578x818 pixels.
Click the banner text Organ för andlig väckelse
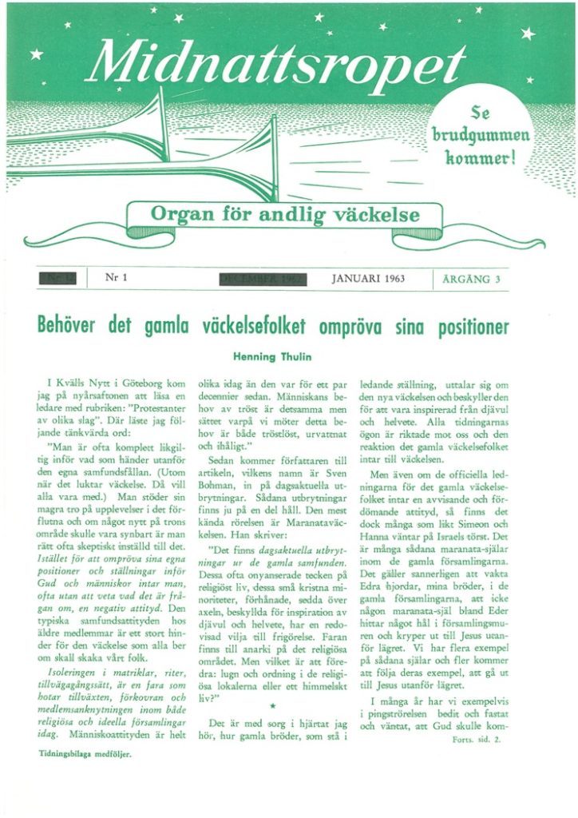tap(285, 214)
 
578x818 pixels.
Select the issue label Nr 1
tap(117, 278)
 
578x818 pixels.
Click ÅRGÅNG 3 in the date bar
tap(471, 279)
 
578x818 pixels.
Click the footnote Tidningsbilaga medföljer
tap(85, 752)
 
